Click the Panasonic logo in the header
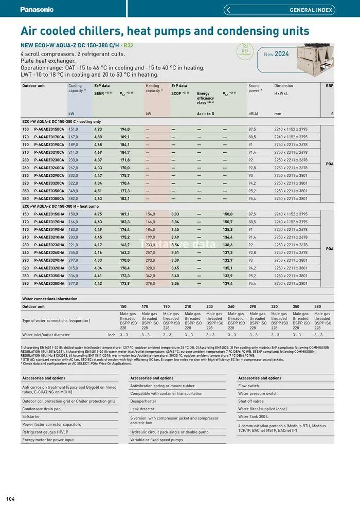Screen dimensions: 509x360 point(37,9)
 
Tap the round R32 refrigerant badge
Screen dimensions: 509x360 point(245,51)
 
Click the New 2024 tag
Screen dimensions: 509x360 point(276,54)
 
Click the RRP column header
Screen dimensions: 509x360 point(330,86)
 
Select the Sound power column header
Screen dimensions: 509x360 point(255,88)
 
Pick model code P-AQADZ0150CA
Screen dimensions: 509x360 point(49,130)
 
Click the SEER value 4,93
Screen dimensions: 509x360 point(98,130)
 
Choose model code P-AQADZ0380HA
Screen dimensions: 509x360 point(49,284)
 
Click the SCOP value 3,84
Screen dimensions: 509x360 point(175,222)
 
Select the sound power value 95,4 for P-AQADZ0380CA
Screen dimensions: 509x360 point(252,199)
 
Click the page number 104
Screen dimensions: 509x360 point(11,499)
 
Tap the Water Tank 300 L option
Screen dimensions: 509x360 point(253,416)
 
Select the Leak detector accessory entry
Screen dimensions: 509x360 point(142,409)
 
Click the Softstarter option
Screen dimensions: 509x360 point(31,416)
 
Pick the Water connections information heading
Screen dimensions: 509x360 point(50,299)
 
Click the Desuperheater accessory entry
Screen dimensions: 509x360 point(143,401)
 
